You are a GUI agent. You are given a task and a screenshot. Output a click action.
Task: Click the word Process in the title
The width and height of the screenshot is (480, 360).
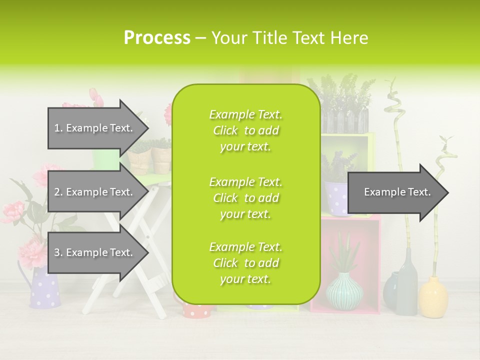(x=157, y=38)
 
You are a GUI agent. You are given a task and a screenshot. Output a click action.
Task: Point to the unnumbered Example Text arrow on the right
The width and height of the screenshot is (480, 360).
(x=397, y=192)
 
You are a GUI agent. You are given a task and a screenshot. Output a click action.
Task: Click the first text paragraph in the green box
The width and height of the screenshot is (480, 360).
(x=245, y=130)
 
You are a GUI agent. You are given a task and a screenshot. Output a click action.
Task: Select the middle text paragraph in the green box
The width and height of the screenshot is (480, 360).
(x=245, y=197)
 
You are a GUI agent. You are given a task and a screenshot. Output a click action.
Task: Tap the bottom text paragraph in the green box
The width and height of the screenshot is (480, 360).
(x=245, y=263)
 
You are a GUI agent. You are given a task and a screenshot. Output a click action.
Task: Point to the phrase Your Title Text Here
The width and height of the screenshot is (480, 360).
(x=289, y=38)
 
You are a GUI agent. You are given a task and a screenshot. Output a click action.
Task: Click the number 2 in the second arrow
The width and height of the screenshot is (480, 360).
(x=57, y=192)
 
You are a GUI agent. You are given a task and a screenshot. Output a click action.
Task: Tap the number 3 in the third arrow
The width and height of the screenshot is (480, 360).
(x=57, y=252)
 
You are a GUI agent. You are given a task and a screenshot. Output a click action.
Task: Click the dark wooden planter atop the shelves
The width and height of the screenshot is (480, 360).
(x=345, y=120)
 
